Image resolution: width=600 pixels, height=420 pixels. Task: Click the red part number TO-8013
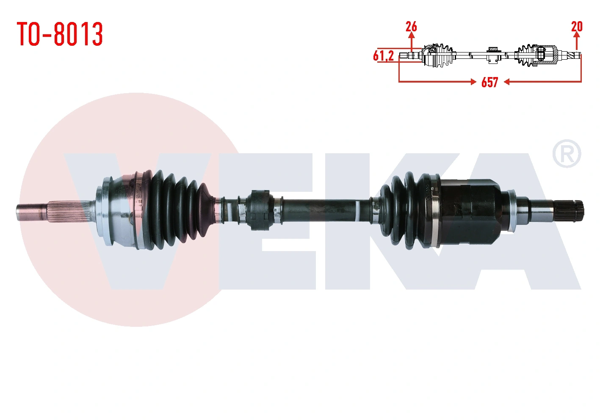pos(60,34)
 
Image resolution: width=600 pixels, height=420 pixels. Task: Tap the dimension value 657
pos(489,82)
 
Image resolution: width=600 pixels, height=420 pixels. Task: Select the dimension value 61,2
pos(383,56)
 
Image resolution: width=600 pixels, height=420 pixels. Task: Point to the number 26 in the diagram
pos(411,27)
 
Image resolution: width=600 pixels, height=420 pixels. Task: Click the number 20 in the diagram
pos(577,27)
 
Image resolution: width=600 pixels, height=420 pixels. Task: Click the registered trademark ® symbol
pos(567,154)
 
